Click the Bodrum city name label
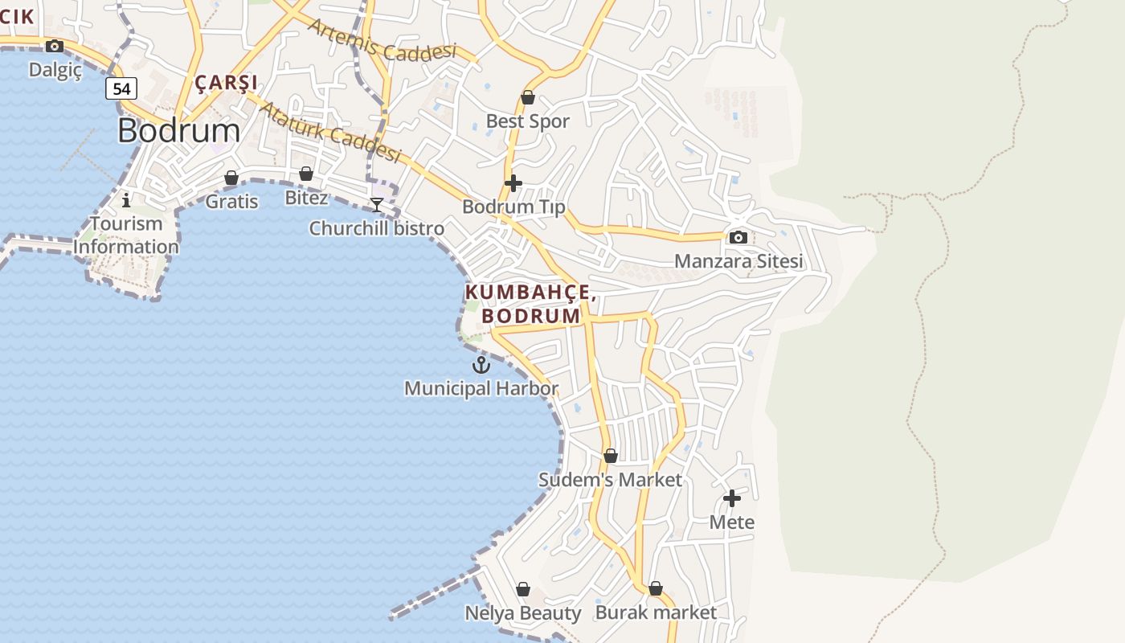178,131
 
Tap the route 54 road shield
121,88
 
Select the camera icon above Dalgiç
55,47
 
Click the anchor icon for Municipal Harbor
481,365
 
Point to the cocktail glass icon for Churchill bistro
376,205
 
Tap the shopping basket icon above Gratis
231,178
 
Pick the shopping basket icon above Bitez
306,174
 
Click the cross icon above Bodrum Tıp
513,183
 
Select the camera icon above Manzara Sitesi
738,237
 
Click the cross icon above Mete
731,498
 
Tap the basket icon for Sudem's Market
610,457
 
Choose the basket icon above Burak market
655,588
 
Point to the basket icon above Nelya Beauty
523,590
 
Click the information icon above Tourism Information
126,199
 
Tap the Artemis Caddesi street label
382,40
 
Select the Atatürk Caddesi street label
329,131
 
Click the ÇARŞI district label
226,83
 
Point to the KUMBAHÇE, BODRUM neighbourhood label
530,305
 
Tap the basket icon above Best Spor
528,98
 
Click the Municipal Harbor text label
481,389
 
